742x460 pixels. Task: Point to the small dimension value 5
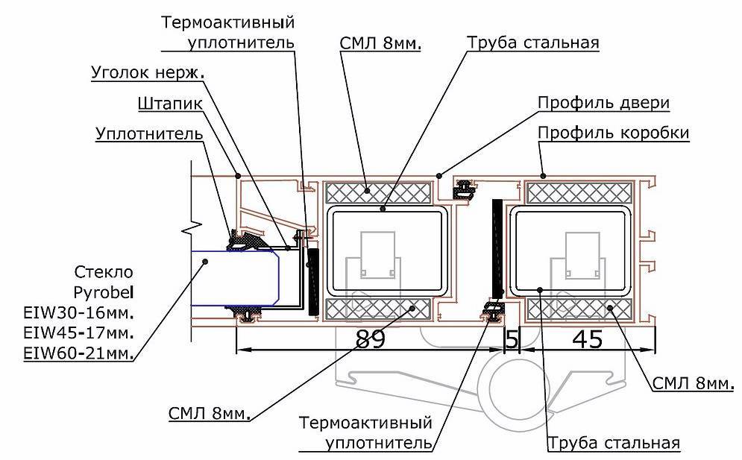click(x=512, y=339)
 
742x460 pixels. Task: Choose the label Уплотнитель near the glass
click(x=148, y=134)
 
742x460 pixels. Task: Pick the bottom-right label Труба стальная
click(x=614, y=444)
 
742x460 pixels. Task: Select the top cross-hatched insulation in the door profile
click(x=379, y=192)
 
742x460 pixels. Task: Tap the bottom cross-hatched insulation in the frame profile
click(x=580, y=307)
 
